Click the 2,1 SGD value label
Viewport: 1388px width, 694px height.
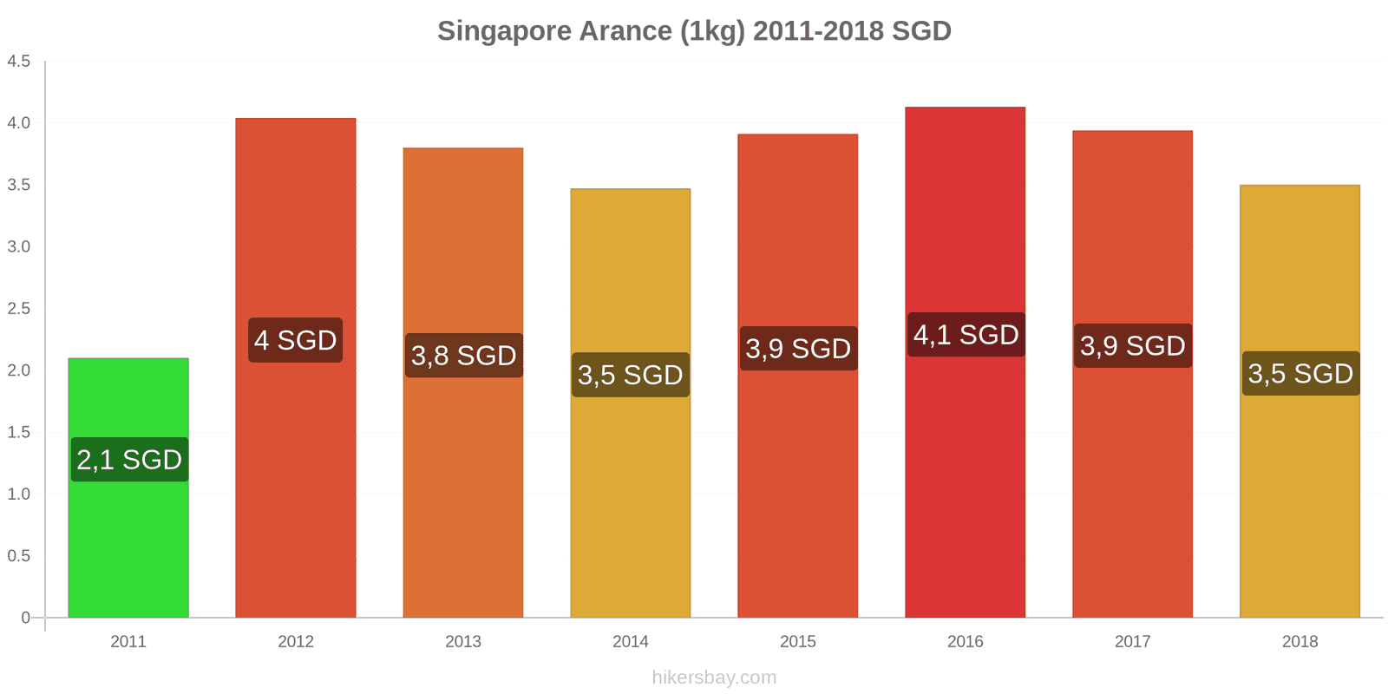coord(129,460)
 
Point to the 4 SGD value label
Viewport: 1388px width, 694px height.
coord(296,340)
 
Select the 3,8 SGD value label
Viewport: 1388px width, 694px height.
coord(464,356)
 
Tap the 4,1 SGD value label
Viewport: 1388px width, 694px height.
coord(966,335)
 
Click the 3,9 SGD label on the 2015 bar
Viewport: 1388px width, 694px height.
coord(798,349)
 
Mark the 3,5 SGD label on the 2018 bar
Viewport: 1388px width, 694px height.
coord(1300,374)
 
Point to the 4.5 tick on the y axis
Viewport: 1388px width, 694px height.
coord(19,62)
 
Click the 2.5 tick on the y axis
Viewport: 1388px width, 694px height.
coord(19,309)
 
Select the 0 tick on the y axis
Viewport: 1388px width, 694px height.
coord(25,618)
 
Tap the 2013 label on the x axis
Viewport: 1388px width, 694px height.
coord(463,642)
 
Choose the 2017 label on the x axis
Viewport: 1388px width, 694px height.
coord(1132,642)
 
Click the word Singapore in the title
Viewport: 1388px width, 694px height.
coord(504,31)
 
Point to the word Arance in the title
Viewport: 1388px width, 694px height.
coord(625,31)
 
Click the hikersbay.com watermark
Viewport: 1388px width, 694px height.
coord(714,678)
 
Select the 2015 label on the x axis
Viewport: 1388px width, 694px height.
coord(798,642)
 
